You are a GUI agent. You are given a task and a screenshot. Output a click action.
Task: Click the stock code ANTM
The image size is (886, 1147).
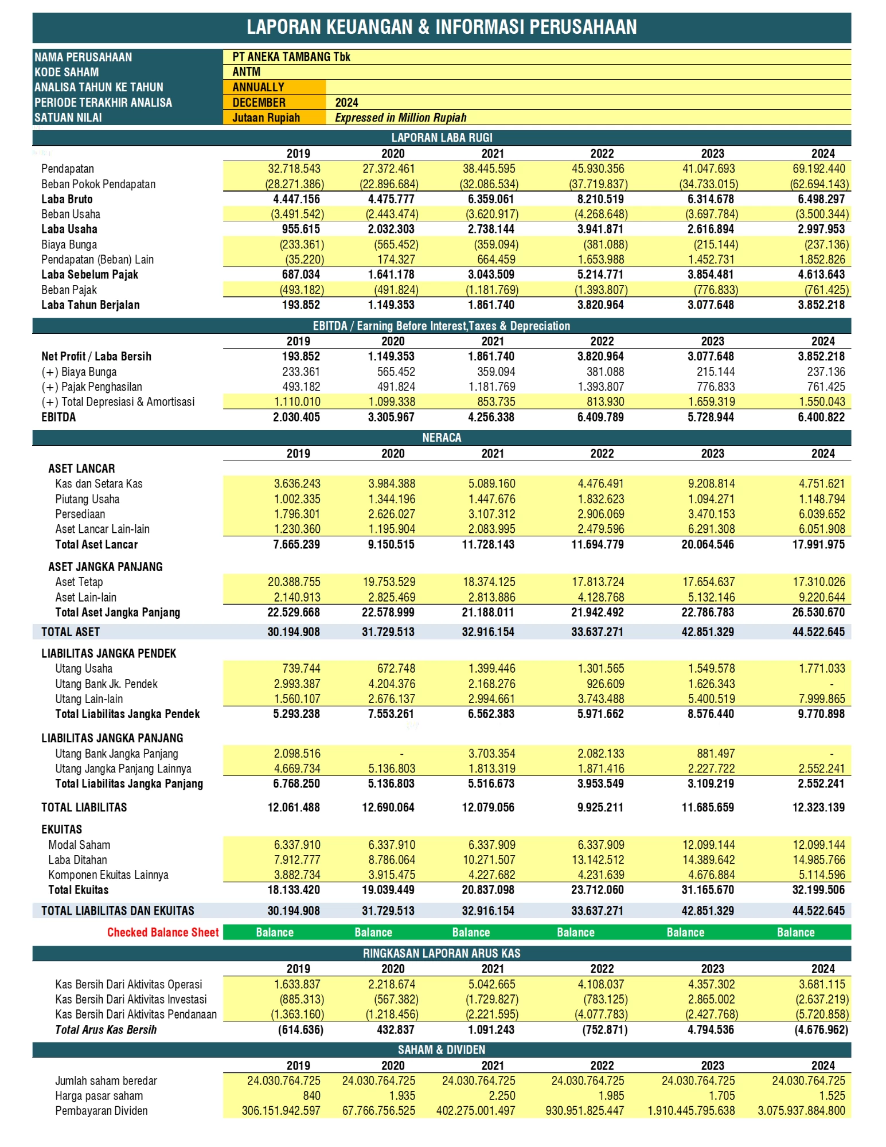tap(247, 72)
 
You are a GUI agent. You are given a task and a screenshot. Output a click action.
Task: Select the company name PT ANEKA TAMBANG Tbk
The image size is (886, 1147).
tap(291, 57)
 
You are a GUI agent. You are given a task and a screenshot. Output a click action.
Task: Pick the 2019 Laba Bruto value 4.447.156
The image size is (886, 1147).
tap(296, 199)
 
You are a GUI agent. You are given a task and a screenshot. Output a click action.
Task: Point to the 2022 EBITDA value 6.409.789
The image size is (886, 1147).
tap(600, 417)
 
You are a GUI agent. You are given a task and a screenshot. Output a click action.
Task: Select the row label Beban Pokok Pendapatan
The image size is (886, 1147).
tap(98, 184)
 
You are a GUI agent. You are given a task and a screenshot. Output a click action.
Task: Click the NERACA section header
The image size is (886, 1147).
tap(442, 438)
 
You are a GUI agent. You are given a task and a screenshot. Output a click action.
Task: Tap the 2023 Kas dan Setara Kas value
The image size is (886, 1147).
tap(711, 483)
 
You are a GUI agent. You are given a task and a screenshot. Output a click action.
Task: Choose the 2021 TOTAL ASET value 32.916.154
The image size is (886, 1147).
tap(488, 632)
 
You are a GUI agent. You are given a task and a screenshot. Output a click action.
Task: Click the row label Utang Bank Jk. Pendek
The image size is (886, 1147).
tap(106, 684)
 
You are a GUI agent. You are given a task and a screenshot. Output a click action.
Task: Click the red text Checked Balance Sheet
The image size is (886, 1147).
tap(163, 933)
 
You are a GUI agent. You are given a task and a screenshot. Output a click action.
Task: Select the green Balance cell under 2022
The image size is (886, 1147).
tap(576, 933)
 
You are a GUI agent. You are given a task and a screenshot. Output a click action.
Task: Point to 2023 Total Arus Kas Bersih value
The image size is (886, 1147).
tap(711, 1029)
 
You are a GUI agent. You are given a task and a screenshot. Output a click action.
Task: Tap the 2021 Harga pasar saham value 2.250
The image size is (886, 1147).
tap(502, 1095)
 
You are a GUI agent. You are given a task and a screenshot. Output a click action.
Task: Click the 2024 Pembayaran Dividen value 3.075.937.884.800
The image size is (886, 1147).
tap(801, 1111)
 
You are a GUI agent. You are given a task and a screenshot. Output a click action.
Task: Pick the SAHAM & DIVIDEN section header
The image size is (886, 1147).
tap(442, 1050)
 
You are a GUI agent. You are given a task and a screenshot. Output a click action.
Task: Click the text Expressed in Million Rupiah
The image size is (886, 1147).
tap(401, 118)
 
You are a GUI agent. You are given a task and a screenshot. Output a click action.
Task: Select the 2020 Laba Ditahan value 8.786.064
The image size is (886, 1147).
tap(392, 860)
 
